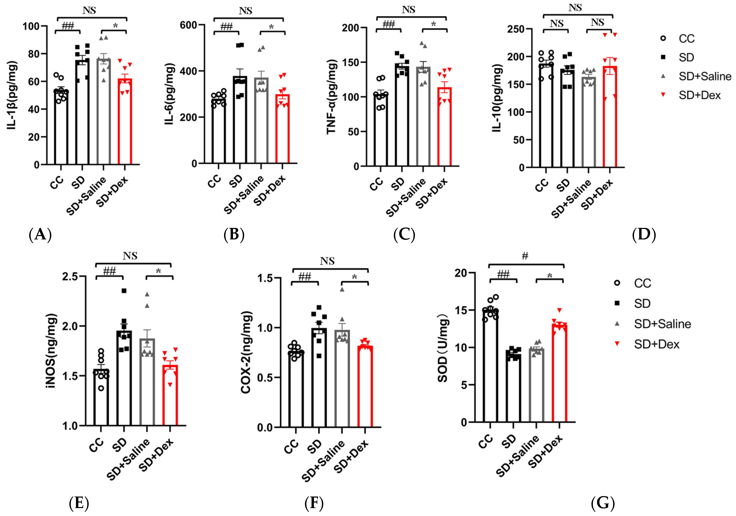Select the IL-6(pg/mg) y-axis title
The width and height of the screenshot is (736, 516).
tap(170, 94)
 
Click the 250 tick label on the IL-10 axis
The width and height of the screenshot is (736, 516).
tap(516, 29)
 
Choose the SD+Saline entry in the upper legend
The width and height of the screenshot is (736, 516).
tap(705, 76)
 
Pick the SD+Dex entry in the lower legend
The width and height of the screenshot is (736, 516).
tap(656, 344)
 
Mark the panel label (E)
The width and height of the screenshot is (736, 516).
tap(79, 503)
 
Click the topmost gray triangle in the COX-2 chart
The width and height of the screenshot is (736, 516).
tap(342, 289)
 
